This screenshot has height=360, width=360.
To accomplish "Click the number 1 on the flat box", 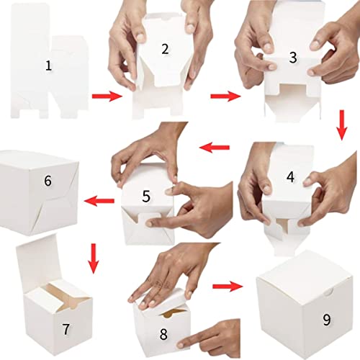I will pyautogui.click(x=48, y=66).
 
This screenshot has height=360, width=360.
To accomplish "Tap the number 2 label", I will pyautogui.click(x=165, y=49).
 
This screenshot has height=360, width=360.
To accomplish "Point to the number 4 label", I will pyautogui.click(x=289, y=176).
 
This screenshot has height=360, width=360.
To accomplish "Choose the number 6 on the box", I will pyautogui.click(x=48, y=180).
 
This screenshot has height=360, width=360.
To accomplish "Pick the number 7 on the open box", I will pyautogui.click(x=66, y=329).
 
